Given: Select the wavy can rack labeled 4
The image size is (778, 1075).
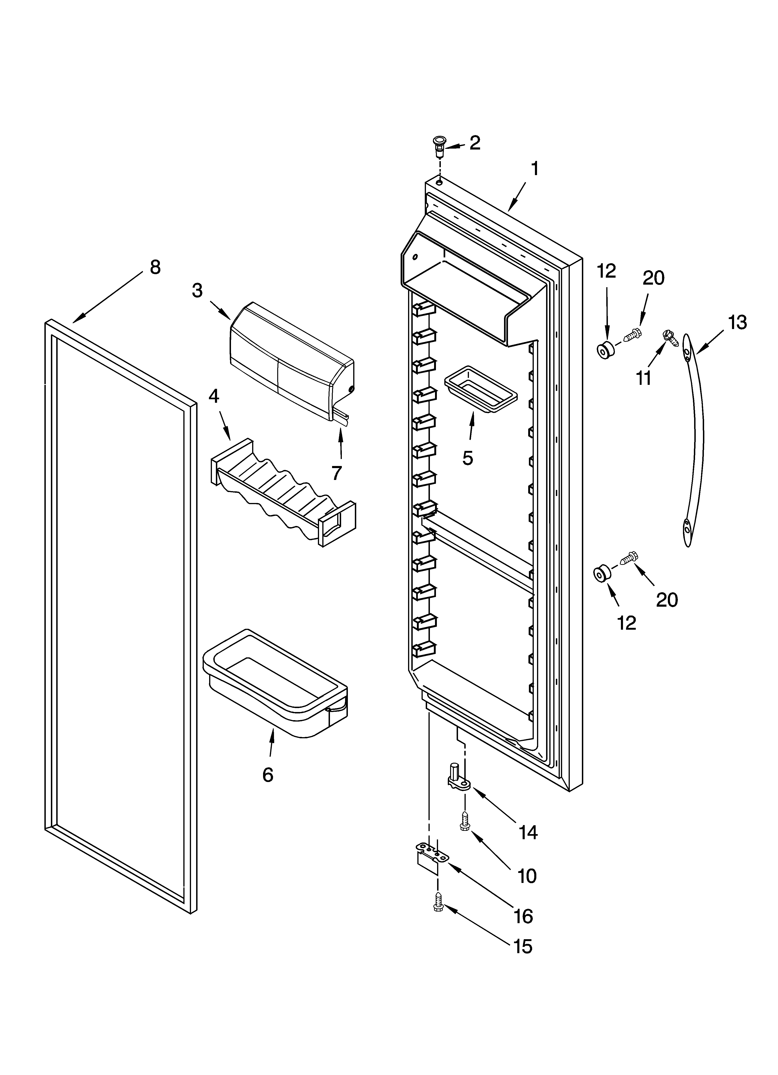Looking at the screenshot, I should (x=283, y=493).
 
